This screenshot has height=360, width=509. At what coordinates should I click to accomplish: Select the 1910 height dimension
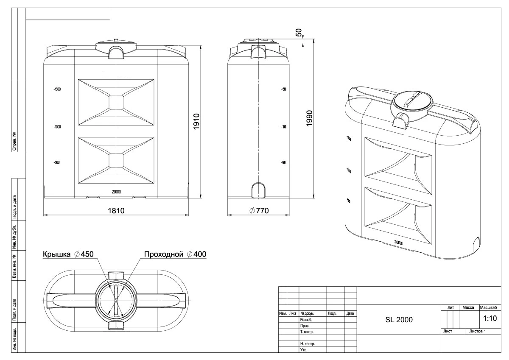(x=196, y=122)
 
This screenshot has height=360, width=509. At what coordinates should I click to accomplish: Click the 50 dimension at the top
(x=299, y=33)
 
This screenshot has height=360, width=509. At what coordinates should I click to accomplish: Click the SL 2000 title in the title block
(x=399, y=319)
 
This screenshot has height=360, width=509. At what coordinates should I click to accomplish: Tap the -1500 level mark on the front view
(x=57, y=89)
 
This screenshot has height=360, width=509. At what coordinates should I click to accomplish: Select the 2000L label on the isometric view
(x=398, y=243)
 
